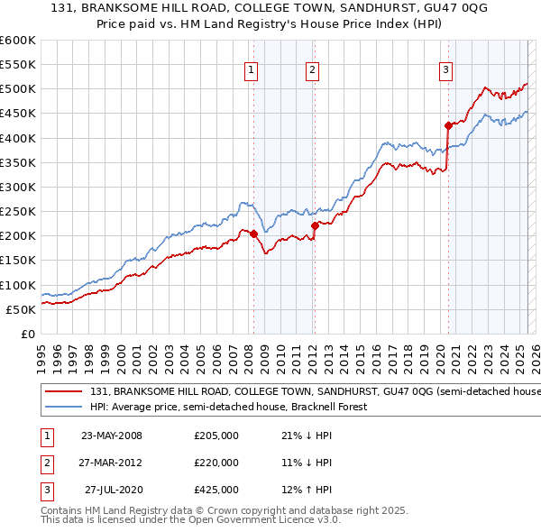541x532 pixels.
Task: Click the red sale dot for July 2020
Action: pyautogui.click(x=448, y=125)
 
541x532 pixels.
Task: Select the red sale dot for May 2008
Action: pyautogui.click(x=253, y=234)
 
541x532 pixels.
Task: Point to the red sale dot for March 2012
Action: pyautogui.click(x=315, y=225)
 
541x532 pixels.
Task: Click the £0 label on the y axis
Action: pyautogui.click(x=28, y=334)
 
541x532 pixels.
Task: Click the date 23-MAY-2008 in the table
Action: pyautogui.click(x=112, y=436)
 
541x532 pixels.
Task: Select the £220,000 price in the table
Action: pyautogui.click(x=216, y=463)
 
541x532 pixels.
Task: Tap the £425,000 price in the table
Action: pyautogui.click(x=216, y=490)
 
